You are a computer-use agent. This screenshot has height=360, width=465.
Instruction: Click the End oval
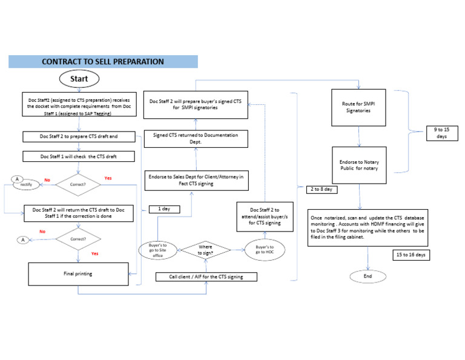click(x=368, y=276)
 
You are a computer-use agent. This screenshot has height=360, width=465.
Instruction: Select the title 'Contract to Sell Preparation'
click(x=103, y=61)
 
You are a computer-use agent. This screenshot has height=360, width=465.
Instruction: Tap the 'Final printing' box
click(x=79, y=274)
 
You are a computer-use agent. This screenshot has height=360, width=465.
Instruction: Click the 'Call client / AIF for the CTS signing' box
click(x=206, y=277)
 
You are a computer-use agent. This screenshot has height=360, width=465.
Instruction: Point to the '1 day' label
click(x=164, y=209)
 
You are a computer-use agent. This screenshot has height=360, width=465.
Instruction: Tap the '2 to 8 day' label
click(x=322, y=189)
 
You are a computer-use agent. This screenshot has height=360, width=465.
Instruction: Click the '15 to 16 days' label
click(x=411, y=255)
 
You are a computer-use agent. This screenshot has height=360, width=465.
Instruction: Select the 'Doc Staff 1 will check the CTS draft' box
click(x=79, y=156)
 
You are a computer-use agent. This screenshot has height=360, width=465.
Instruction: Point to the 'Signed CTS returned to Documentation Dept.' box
click(x=195, y=138)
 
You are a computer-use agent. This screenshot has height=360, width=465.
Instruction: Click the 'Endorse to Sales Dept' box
click(x=195, y=180)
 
